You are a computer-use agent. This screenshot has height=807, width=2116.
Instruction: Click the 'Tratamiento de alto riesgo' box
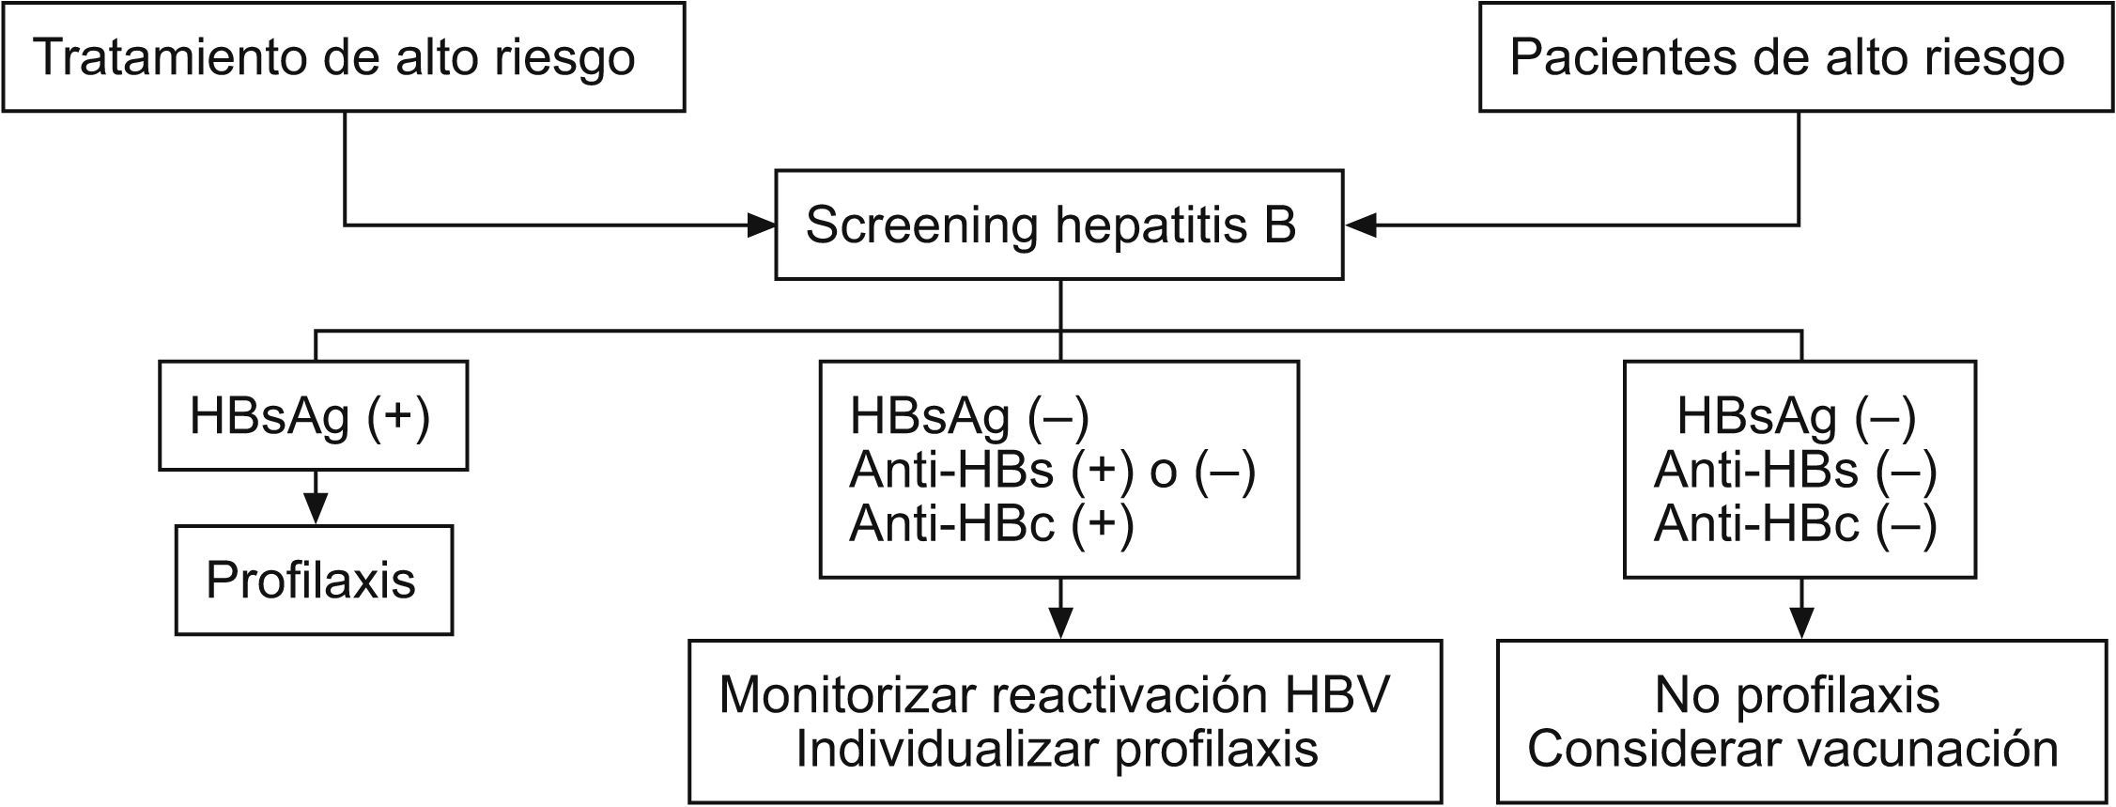coord(343,57)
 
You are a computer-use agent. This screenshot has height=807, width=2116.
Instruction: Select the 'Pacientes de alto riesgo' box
coord(1797,57)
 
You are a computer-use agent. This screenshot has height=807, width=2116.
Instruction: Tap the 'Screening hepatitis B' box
coord(1058,225)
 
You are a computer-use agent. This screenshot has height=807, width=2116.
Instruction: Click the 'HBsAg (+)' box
coord(313,416)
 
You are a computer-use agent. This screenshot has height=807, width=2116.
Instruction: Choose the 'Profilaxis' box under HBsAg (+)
coord(314,580)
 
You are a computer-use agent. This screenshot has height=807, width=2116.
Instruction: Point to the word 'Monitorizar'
coord(848,695)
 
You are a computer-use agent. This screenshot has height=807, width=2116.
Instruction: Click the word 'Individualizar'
coord(947,749)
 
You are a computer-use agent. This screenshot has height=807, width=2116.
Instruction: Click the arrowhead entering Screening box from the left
coord(762,225)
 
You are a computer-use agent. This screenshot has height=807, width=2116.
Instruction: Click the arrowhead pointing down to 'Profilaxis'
coord(315,508)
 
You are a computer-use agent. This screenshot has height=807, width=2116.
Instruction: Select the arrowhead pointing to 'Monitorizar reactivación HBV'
coord(1060,623)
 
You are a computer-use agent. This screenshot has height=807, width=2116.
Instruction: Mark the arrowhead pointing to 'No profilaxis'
coord(1801,623)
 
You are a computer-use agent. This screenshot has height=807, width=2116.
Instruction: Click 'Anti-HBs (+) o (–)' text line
coord(1052,471)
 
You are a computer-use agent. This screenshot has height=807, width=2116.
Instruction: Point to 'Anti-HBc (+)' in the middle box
coord(991,524)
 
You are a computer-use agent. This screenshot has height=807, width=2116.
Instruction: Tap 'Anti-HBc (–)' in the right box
coord(1795,524)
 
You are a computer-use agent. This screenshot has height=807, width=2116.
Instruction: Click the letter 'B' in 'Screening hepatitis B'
coord(1280,225)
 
